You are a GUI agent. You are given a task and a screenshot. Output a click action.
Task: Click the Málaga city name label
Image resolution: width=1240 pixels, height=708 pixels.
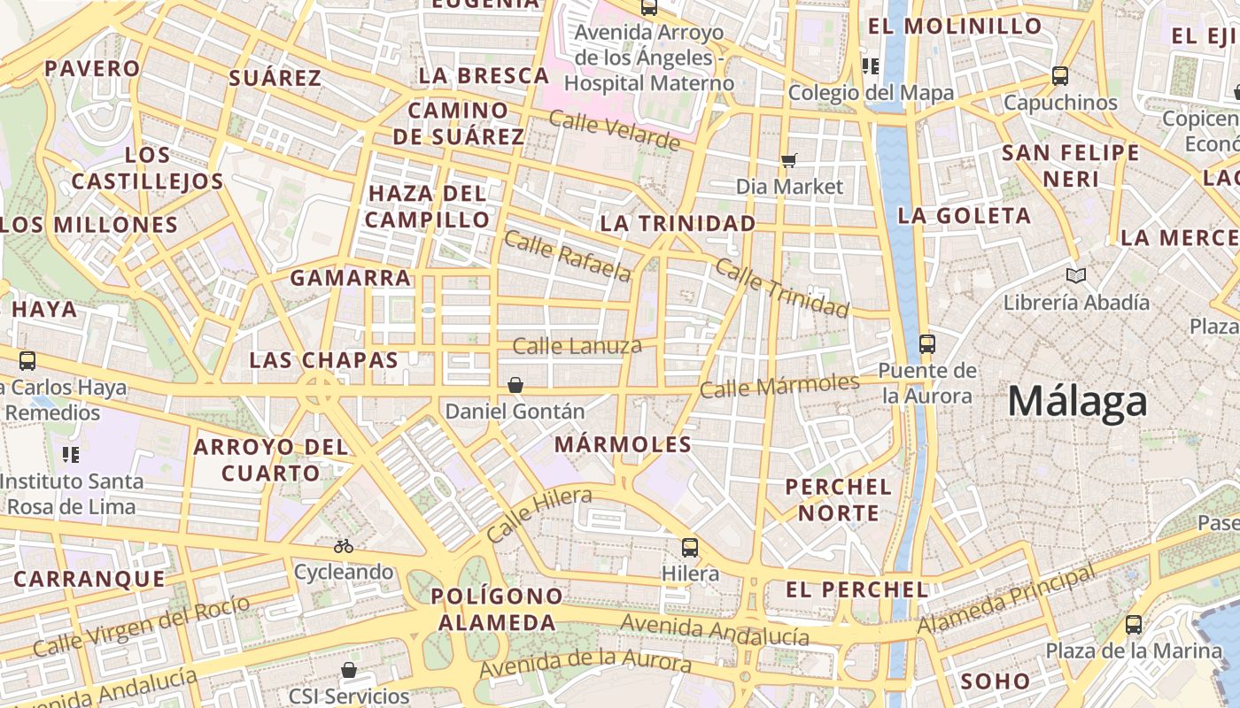pos(1077,402)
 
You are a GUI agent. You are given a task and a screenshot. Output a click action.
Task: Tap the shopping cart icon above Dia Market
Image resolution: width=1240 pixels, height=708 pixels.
pos(788,160)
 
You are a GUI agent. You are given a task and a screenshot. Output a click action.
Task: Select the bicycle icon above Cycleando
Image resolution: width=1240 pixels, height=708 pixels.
pos(344,546)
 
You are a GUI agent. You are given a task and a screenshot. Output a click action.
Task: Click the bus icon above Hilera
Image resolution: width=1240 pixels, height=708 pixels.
pos(690,548)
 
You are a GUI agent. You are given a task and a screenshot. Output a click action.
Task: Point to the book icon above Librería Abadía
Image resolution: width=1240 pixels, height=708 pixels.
pos(1076,276)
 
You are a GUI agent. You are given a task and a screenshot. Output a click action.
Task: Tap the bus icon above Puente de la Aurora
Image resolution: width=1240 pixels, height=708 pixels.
pos(927,344)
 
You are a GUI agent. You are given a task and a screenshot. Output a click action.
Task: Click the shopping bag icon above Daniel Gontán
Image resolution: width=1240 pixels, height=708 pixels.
pos(515,385)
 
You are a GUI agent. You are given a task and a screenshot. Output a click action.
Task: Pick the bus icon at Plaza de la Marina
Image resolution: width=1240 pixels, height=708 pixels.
pos(1134,625)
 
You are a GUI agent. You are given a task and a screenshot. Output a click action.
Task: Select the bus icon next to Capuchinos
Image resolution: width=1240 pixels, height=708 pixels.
pos(1060,76)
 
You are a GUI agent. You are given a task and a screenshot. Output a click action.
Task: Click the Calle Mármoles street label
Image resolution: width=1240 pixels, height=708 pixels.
pos(779,386)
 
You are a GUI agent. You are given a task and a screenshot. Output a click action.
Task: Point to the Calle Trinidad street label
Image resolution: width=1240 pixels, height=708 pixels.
pos(781,288)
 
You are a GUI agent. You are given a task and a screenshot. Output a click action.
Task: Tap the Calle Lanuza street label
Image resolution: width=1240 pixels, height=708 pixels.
pos(577,346)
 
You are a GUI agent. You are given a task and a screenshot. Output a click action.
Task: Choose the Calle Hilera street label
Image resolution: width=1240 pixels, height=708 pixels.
pos(539,515)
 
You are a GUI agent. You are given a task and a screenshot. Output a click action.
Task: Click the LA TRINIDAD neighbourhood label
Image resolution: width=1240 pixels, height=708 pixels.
pos(678,223)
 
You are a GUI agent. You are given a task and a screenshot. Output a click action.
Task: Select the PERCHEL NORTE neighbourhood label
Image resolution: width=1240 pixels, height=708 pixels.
pos(838,499)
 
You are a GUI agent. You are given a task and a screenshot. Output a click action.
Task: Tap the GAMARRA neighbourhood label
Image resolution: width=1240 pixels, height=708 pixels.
pos(351,278)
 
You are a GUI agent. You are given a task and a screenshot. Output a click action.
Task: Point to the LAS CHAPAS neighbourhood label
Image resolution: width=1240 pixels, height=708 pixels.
pos(323,360)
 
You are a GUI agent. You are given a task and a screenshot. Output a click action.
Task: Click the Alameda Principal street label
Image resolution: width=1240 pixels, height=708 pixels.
pos(1006,600)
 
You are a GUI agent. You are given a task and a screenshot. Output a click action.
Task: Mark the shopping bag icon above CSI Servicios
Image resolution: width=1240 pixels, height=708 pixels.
pos(349,670)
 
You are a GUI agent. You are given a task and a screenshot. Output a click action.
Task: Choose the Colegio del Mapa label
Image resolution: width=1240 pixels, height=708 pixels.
pos(871,92)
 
